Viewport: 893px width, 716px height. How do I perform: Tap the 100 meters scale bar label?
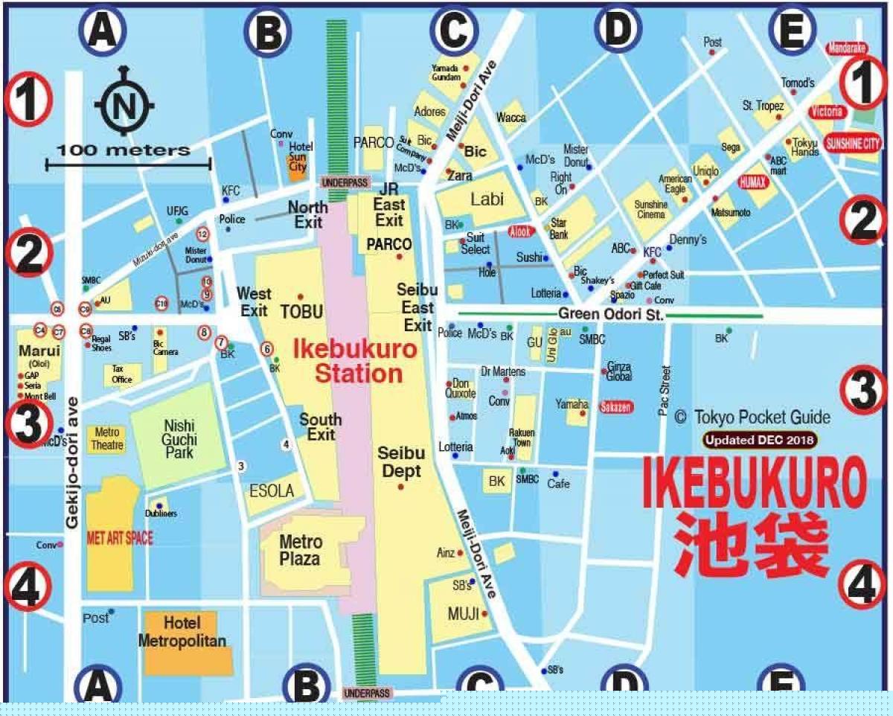tap(124, 150)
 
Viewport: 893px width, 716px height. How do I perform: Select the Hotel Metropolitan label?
tap(182, 633)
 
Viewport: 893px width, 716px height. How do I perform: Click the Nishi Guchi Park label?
tap(179, 439)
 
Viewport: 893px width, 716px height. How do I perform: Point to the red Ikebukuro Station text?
tap(348, 361)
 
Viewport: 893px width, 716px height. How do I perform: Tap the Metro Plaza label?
tap(301, 550)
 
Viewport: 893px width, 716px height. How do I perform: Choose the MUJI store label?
tap(462, 615)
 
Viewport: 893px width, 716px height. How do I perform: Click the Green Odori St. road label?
tap(611, 315)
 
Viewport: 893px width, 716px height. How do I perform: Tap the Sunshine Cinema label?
tap(651, 210)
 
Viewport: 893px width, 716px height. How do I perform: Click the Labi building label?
tap(487, 199)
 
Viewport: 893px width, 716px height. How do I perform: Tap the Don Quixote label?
tap(460, 389)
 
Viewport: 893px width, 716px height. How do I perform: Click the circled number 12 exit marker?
tap(202, 234)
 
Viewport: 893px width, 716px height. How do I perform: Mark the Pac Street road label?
tap(665, 391)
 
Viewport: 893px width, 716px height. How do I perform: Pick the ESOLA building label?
tap(272, 491)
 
